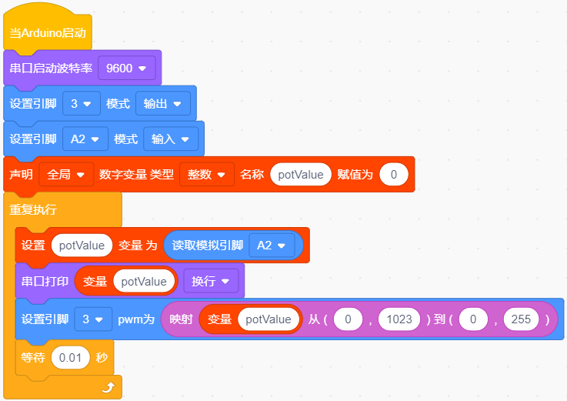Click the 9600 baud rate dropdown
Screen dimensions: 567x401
pyautogui.click(x=127, y=68)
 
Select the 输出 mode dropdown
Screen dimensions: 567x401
pyautogui.click(x=163, y=103)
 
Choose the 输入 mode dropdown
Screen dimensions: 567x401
pyautogui.click(x=171, y=139)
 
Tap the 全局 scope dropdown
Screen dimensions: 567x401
pyautogui.click(x=66, y=175)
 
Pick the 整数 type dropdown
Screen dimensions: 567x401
pyautogui.click(x=207, y=175)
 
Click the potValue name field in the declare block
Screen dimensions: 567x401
pyautogui.click(x=301, y=175)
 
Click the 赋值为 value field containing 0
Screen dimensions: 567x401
pyautogui.click(x=394, y=175)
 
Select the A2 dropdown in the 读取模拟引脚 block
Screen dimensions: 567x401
pyautogui.click(x=272, y=246)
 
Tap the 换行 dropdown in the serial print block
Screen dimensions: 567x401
pyautogui.click(x=211, y=281)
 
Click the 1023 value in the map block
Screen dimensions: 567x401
pyautogui.click(x=399, y=319)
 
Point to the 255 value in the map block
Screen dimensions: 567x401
pyautogui.click(x=521, y=319)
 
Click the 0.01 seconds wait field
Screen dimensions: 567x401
pyautogui.click(x=70, y=358)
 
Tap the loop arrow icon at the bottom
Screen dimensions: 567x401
pyautogui.click(x=108, y=388)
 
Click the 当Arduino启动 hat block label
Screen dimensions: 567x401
pyautogui.click(x=48, y=33)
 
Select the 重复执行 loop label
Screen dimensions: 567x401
pyautogui.click(x=33, y=209)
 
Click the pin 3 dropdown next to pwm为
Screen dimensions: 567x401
pyautogui.click(x=93, y=319)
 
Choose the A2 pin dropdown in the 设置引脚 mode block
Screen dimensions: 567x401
pyautogui.click(x=85, y=139)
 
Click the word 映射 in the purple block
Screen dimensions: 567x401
pyautogui.click(x=181, y=319)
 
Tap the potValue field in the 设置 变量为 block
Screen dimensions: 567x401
pyautogui.click(x=82, y=246)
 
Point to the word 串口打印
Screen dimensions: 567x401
pyautogui.click(x=45, y=281)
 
